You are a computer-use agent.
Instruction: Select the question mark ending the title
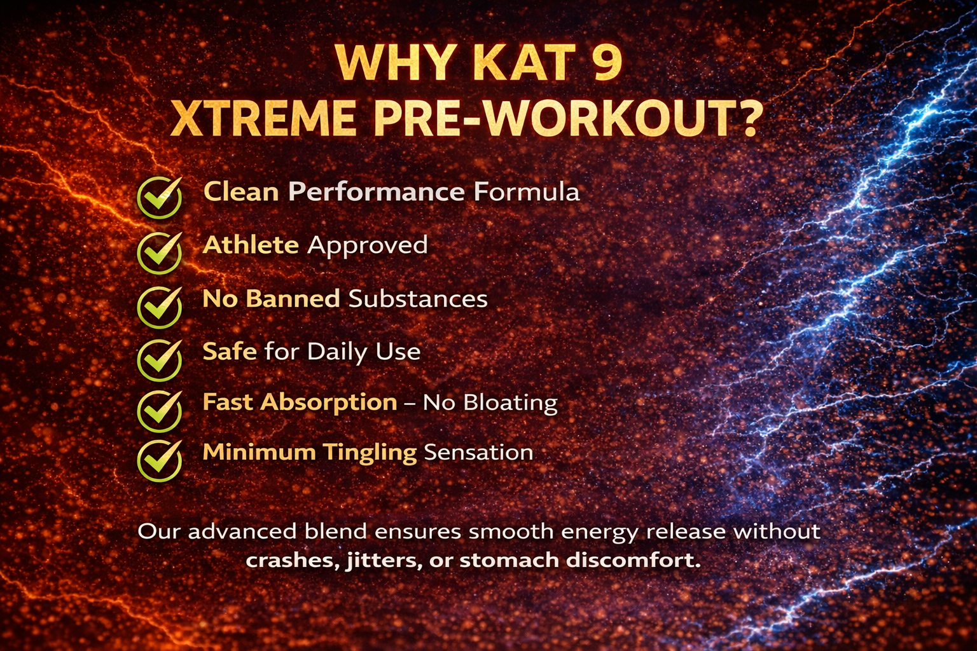pos(747,118)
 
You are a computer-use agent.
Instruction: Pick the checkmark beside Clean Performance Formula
pos(160,198)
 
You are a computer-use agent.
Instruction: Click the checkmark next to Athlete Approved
pos(160,252)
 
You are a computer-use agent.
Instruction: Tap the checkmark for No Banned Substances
pos(160,307)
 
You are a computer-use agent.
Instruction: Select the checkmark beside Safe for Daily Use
pos(160,360)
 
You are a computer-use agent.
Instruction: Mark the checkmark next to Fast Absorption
pos(160,411)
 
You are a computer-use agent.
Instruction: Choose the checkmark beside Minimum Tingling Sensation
pos(160,460)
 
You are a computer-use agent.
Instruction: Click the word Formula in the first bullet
pos(527,191)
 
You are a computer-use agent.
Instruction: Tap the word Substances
pos(418,299)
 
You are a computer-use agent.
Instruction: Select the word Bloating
pos(510,403)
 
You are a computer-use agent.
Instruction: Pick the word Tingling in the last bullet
pos(370,453)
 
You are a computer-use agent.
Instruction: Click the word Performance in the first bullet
pos(377,191)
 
